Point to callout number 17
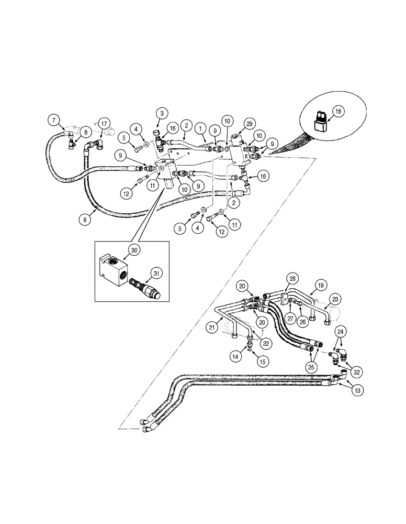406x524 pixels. click(104, 124)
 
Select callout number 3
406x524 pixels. click(162, 113)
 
